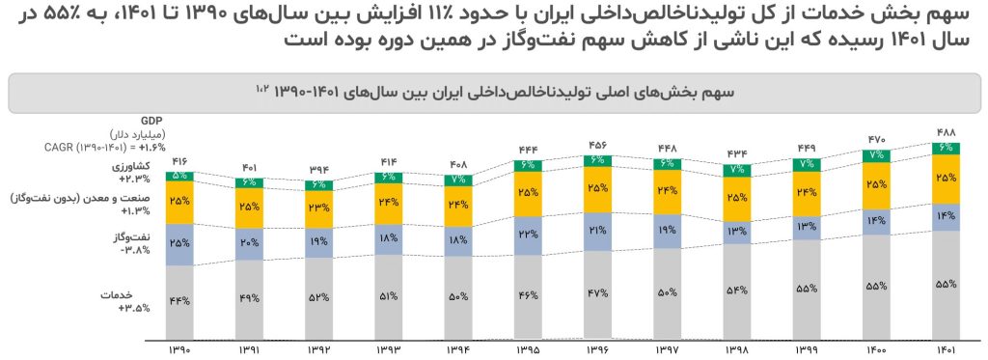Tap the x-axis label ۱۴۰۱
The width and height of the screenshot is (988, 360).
[947, 349]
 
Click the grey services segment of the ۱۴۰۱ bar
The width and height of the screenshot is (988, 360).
[947, 285]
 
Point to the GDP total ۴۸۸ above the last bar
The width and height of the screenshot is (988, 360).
[947, 133]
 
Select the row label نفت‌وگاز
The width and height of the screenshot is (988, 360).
[147, 235]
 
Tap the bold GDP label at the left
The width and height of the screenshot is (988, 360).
[150, 119]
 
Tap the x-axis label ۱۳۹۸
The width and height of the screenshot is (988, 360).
[738, 349]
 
